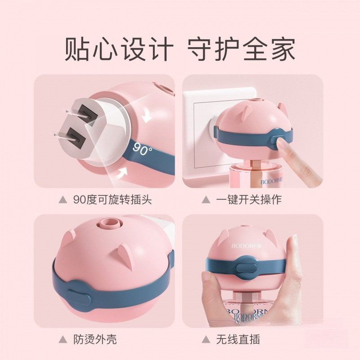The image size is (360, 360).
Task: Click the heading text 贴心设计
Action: point(118,49)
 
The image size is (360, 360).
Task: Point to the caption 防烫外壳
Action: point(94,338)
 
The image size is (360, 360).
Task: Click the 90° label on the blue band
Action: point(143,150)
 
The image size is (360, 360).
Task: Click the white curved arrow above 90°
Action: point(146,117)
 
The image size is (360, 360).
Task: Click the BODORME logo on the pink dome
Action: point(245,247)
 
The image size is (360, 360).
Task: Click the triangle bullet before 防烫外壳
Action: point(62,338)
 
